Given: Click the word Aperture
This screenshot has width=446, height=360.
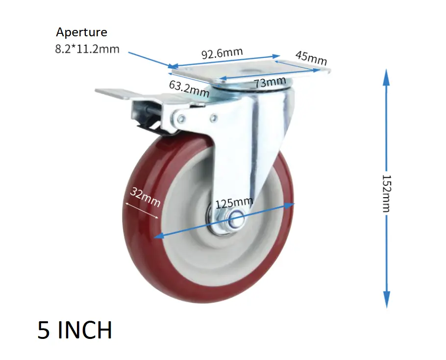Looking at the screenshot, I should point(81,33).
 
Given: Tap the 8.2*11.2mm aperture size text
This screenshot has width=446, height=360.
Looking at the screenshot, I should point(87,49).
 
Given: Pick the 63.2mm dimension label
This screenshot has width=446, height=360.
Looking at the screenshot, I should point(189,88).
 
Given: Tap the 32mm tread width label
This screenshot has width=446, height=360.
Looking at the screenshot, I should point(145,196).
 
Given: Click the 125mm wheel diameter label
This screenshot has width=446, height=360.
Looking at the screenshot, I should point(234,203).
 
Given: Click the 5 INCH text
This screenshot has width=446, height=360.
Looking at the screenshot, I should point(74,330).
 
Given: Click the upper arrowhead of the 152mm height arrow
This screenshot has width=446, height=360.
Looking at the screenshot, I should point(386,76).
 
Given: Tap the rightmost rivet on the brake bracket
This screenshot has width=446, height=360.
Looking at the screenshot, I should point(214,118).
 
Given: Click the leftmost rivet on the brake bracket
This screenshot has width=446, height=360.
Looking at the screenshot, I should point(181,119).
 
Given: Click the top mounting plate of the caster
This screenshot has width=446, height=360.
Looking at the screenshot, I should point(250,74).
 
